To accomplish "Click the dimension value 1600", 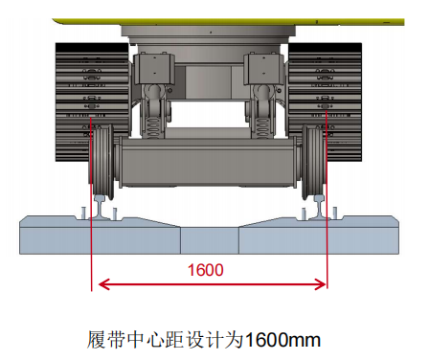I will (x=206, y=270).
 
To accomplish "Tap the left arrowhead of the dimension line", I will (x=100, y=284).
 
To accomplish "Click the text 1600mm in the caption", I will (x=283, y=338).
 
